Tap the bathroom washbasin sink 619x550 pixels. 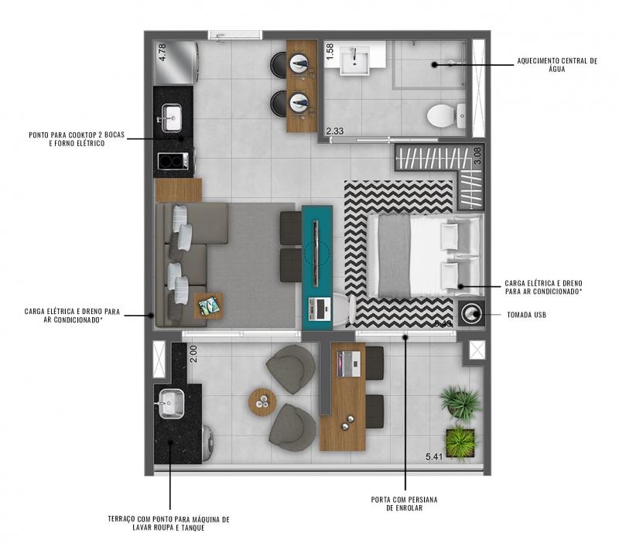356,60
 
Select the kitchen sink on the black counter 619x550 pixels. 171,118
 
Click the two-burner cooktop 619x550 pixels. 173,161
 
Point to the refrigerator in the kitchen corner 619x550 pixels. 176,63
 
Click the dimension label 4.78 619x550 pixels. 162,52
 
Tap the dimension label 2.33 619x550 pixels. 335,131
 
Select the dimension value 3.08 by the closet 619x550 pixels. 477,155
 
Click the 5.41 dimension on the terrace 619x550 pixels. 434,457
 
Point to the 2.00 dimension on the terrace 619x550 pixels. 193,354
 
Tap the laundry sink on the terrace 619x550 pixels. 172,404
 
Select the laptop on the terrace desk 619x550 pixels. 348,364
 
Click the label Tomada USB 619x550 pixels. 527,315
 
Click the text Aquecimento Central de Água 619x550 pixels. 557,65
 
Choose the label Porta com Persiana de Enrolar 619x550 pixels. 404,504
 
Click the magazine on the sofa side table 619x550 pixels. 208,306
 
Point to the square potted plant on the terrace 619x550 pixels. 460,442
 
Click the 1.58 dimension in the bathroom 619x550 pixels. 330,52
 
